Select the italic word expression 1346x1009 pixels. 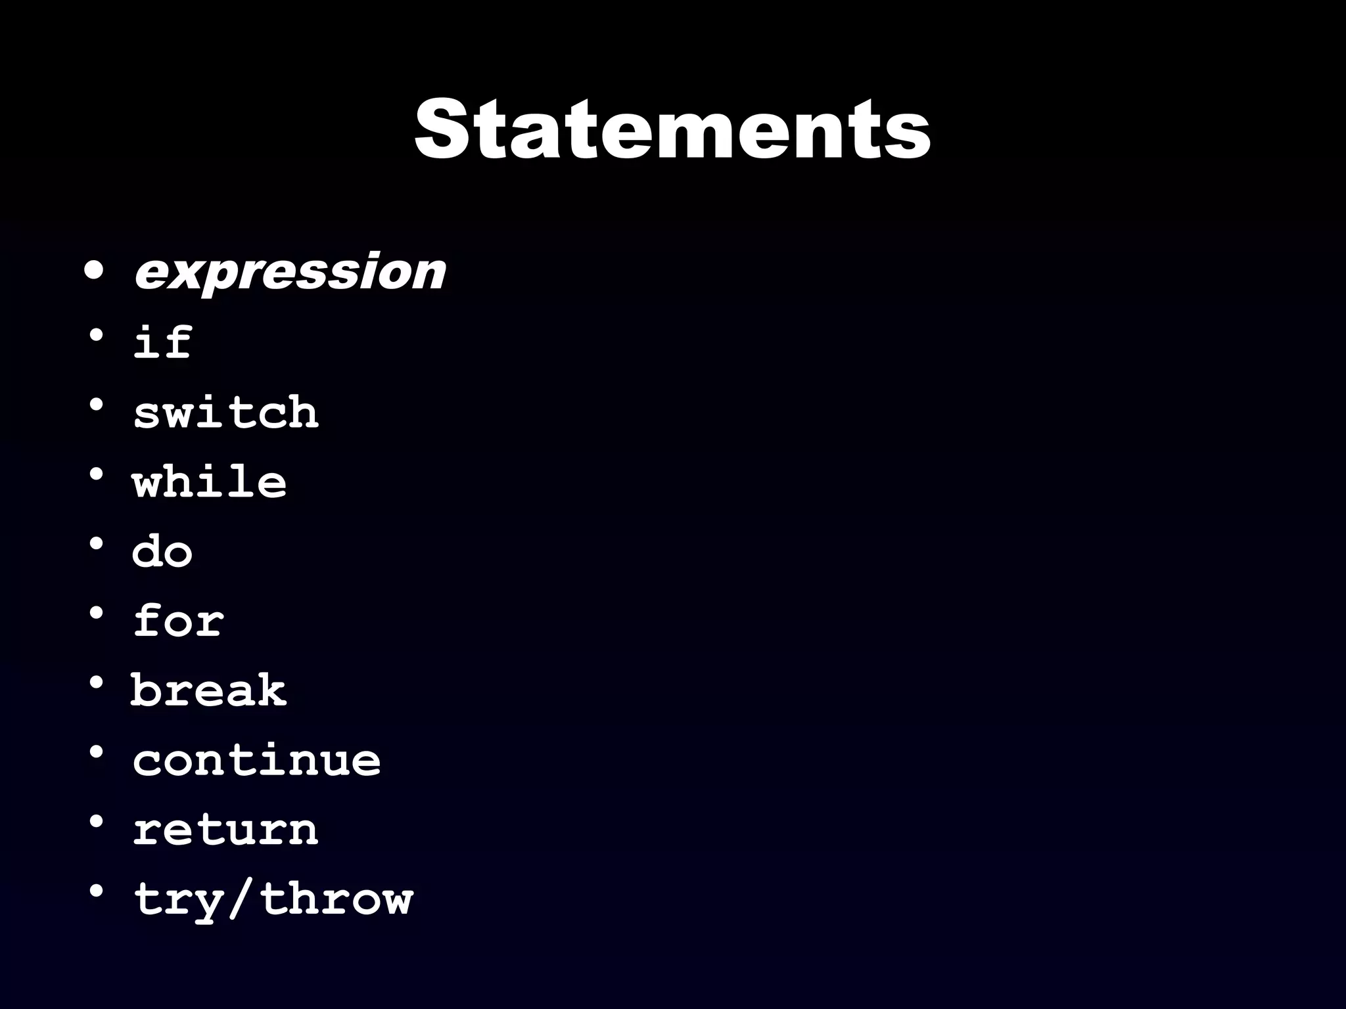290,271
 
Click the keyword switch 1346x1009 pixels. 226,413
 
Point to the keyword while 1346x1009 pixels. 210,482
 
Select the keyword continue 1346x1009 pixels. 257,760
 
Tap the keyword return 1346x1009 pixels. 226,829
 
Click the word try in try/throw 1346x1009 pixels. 178,900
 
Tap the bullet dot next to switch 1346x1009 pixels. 96,405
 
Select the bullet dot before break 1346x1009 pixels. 96,683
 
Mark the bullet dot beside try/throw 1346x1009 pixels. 96,891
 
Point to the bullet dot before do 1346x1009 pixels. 96,544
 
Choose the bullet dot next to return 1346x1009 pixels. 96,822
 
